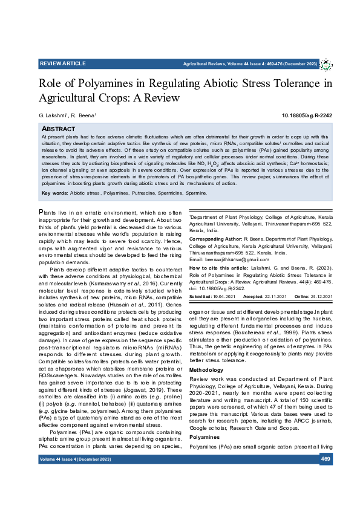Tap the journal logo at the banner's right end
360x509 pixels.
326,64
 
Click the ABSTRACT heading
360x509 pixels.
58,129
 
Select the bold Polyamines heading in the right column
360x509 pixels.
205,419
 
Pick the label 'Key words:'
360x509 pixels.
54,176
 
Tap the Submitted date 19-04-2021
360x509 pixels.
223,296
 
